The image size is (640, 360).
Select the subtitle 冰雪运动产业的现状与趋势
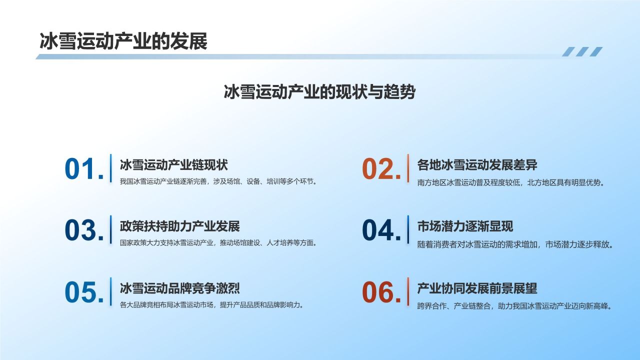(x=319, y=92)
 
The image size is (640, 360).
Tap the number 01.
(x=84, y=169)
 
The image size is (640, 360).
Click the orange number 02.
(x=381, y=169)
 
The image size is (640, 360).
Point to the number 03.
(x=84, y=230)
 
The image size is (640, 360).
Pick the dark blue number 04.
(x=381, y=230)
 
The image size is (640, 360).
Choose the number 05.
(x=84, y=292)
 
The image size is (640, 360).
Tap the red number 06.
(x=381, y=292)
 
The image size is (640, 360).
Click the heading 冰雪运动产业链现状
(x=173, y=164)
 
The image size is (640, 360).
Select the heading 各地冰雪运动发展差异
(x=477, y=164)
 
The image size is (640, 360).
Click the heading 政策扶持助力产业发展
(x=179, y=226)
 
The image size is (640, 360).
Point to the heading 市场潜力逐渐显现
(x=465, y=226)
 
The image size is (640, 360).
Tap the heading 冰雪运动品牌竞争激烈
(x=179, y=288)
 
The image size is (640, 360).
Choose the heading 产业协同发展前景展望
(x=477, y=288)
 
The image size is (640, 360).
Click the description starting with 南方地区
(x=511, y=182)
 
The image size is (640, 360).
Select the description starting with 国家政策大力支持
(x=218, y=243)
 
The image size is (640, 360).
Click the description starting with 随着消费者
(x=515, y=244)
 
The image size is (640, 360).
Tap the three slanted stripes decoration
(x=582, y=51)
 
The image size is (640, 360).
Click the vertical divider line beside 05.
(x=110, y=291)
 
